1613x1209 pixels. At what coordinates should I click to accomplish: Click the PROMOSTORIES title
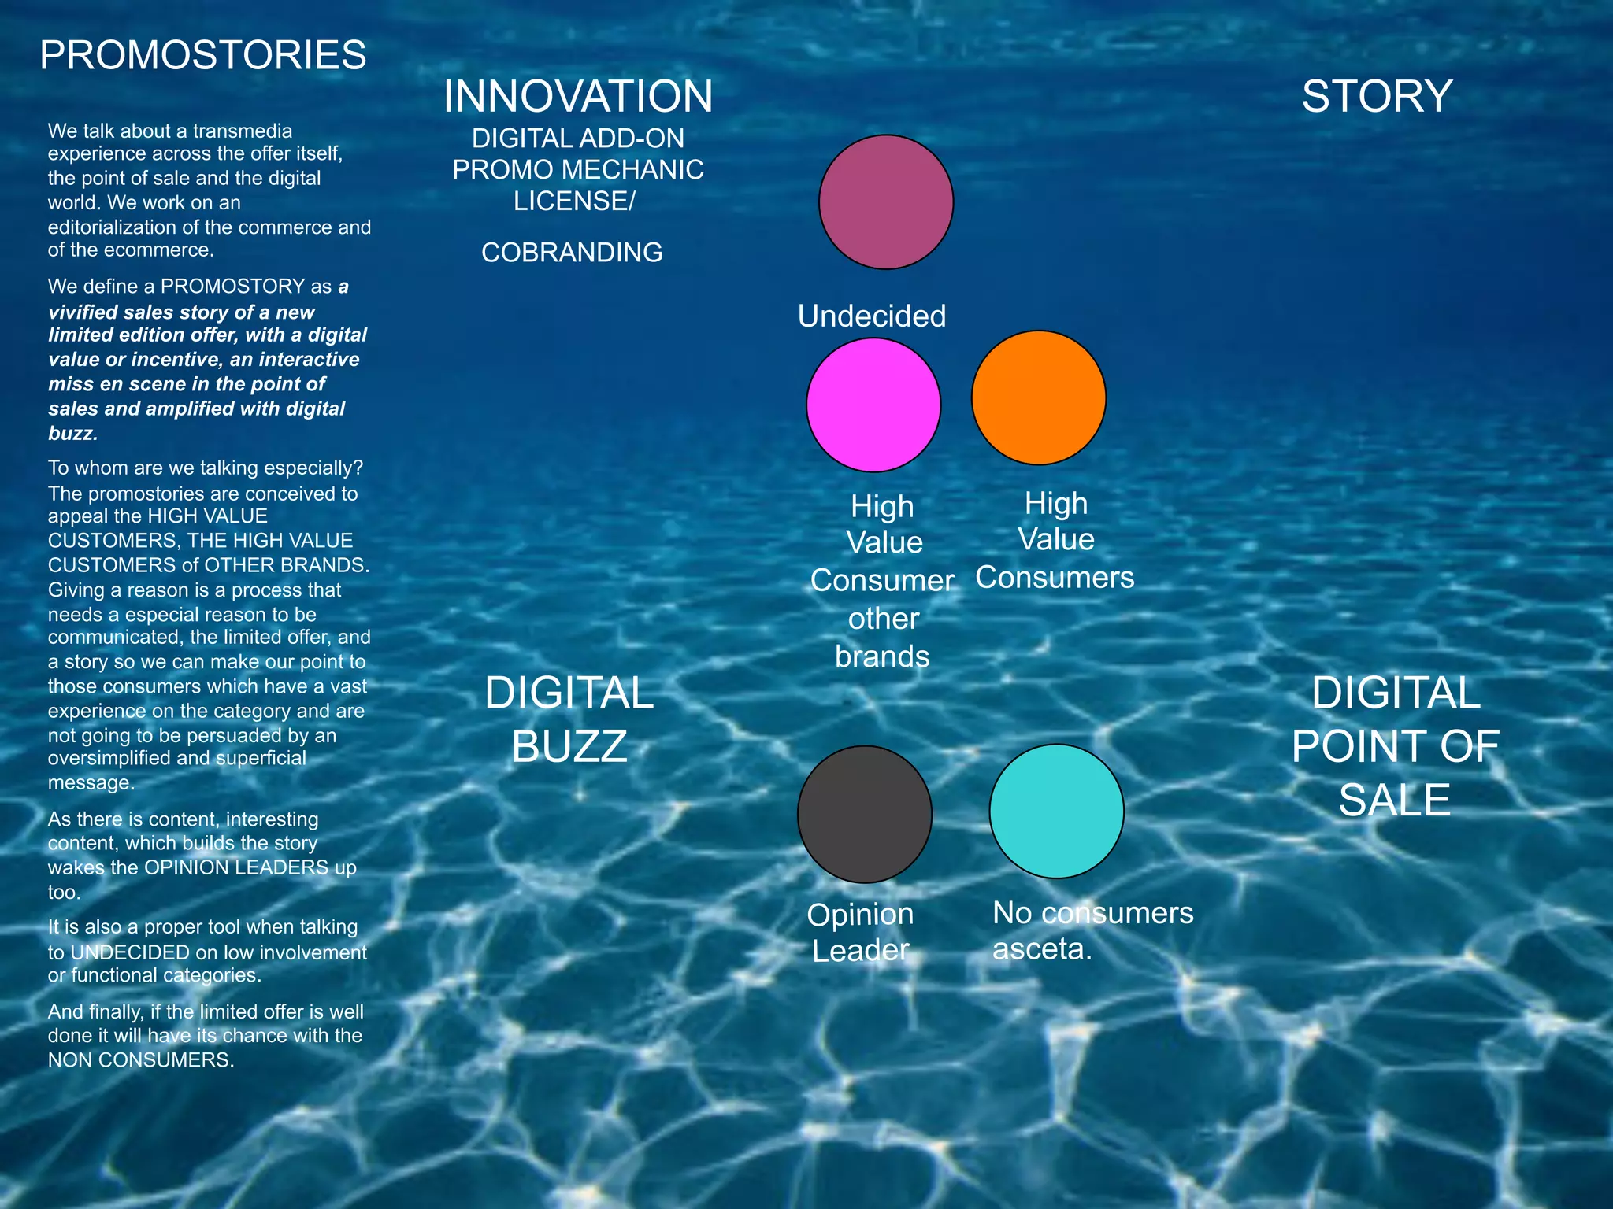pyautogui.click(x=203, y=56)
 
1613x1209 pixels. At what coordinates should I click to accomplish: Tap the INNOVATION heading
pyautogui.click(x=577, y=97)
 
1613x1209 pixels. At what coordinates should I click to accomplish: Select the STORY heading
pyautogui.click(x=1376, y=97)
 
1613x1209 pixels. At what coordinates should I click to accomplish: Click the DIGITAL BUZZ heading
pyautogui.click(x=569, y=719)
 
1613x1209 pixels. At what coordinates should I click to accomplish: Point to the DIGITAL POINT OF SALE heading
pyautogui.click(x=1395, y=745)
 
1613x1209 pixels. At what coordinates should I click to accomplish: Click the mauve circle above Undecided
pyautogui.click(x=886, y=202)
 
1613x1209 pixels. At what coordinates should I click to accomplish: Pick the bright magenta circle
pyautogui.click(x=873, y=405)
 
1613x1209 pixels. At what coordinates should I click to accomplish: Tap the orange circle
pyautogui.click(x=1038, y=397)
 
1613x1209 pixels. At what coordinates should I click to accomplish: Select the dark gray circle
pyautogui.click(x=865, y=814)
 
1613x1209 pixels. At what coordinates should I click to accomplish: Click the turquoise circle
pyautogui.click(x=1056, y=811)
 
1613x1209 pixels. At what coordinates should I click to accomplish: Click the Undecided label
pyautogui.click(x=872, y=316)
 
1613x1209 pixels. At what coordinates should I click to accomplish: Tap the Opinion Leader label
pyautogui.click(x=860, y=933)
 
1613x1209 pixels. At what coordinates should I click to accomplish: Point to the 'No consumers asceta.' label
pyautogui.click(x=1092, y=930)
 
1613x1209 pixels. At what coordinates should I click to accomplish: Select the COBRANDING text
pyautogui.click(x=572, y=253)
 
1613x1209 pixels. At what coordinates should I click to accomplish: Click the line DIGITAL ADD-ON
pyautogui.click(x=577, y=139)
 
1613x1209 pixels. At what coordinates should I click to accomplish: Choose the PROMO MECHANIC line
pyautogui.click(x=577, y=170)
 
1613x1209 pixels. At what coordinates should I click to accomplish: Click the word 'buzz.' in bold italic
pyautogui.click(x=72, y=434)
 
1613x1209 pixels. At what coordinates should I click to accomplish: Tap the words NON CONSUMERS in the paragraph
pyautogui.click(x=140, y=1060)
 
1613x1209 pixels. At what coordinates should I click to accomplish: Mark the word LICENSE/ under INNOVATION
pyautogui.click(x=573, y=201)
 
